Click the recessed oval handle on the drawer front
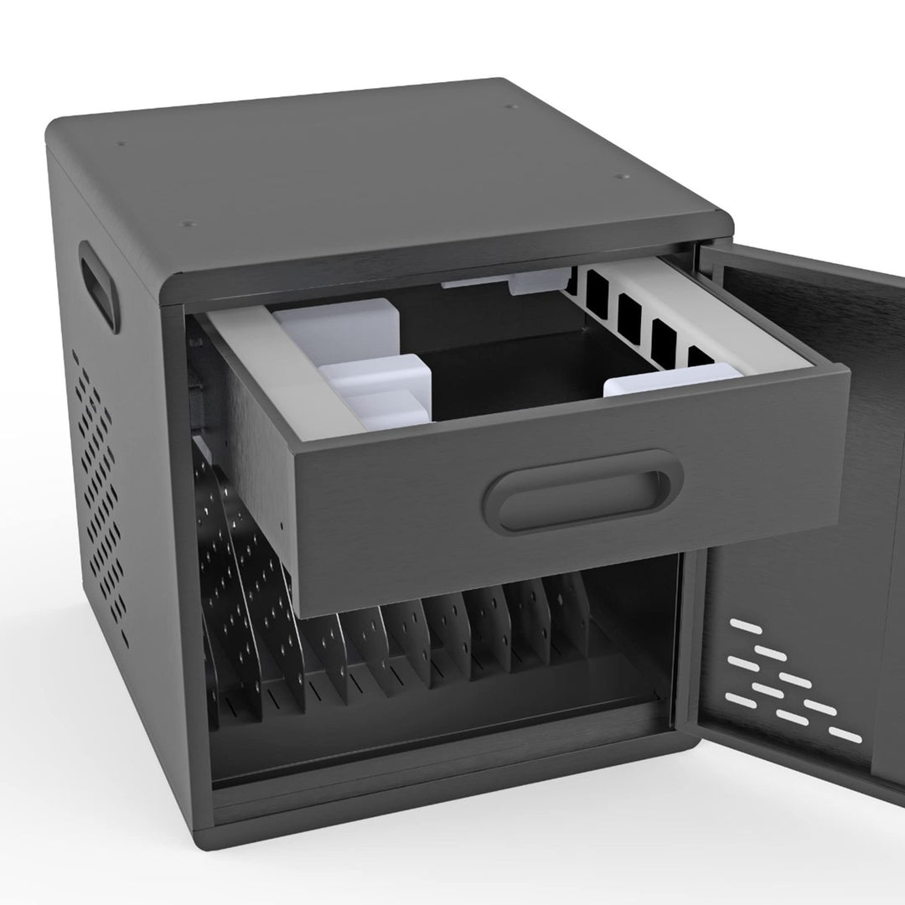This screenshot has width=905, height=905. click(x=582, y=491)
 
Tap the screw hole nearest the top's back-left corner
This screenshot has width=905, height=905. click(x=122, y=142)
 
